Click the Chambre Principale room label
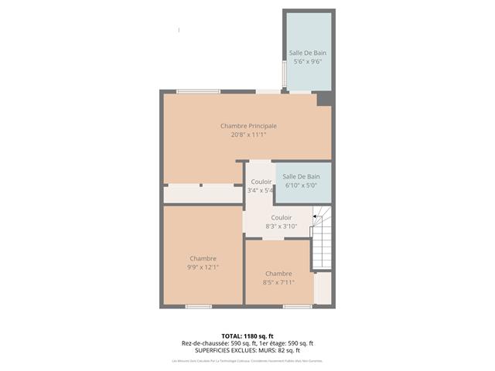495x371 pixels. (248, 126)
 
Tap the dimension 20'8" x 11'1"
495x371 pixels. (248, 134)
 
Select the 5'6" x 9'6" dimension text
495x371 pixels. (307, 61)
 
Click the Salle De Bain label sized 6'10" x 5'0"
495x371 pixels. (302, 177)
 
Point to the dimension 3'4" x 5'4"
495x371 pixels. (260, 190)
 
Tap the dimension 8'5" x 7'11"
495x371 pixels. (278, 282)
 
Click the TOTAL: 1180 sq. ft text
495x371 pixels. (247, 336)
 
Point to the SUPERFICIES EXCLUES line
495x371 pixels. (247, 350)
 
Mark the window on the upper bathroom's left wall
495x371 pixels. (285, 73)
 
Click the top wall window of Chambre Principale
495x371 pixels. (198, 91)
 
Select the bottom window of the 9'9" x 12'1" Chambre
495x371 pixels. (199, 307)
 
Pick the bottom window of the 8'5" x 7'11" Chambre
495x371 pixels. (297, 307)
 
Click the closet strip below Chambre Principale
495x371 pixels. (203, 194)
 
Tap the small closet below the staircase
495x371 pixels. (323, 288)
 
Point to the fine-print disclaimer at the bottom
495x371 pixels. (247, 360)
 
